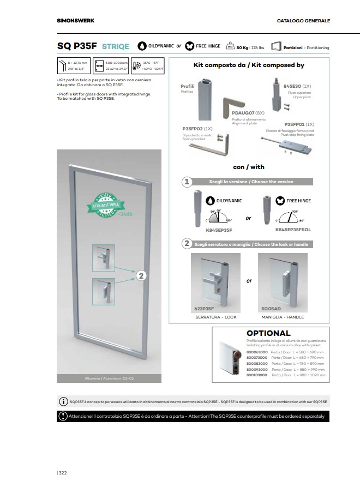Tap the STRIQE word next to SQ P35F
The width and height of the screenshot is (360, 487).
point(115,47)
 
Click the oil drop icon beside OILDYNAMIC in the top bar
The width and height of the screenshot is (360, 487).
point(142,46)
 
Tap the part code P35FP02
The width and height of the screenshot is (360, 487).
point(193,129)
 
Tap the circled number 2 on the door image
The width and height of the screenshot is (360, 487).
point(141,276)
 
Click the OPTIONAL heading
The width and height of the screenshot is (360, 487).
point(268,333)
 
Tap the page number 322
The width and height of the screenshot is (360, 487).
point(63,472)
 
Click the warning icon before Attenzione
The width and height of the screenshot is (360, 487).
point(62,416)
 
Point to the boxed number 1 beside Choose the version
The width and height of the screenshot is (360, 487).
point(187,182)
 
